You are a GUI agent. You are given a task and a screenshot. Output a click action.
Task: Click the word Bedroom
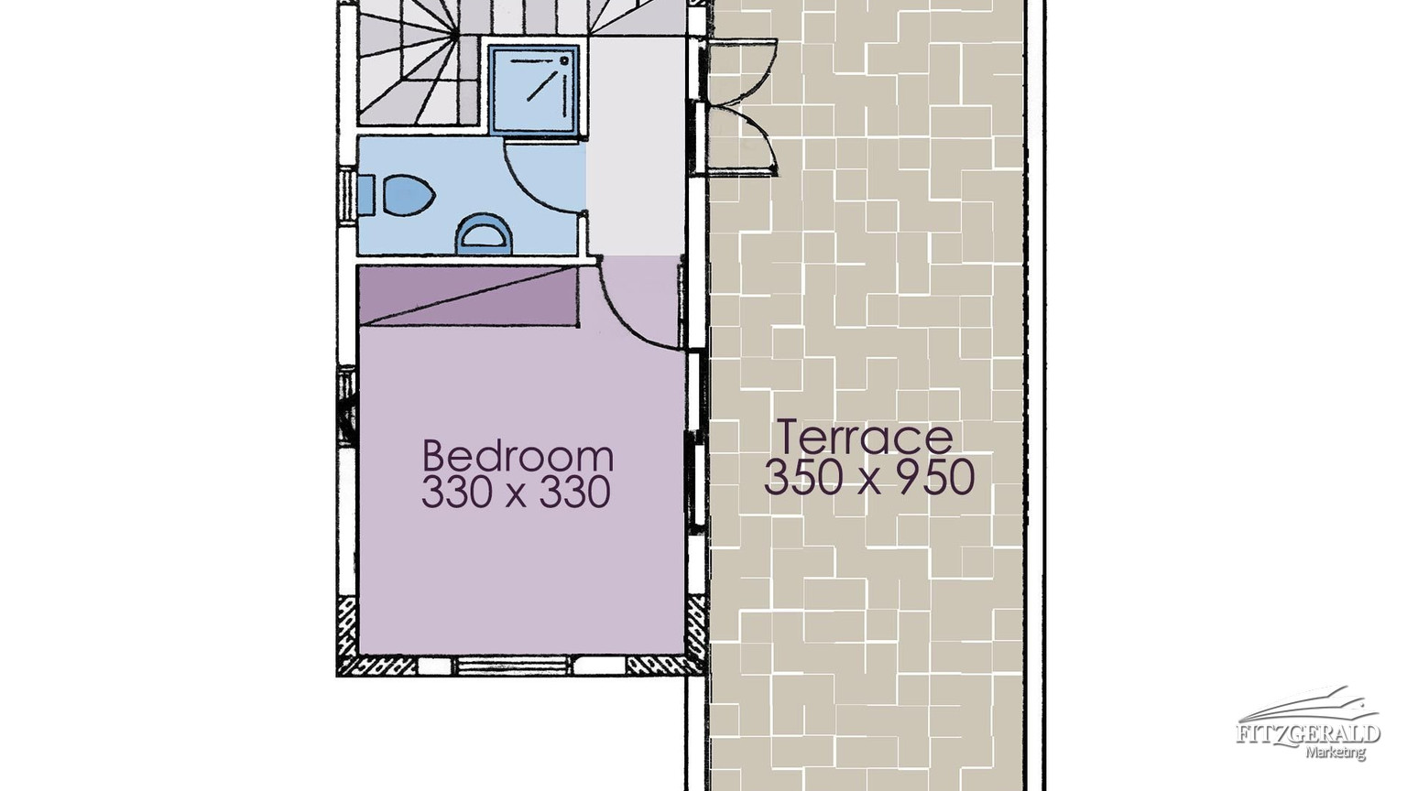[x=518, y=456]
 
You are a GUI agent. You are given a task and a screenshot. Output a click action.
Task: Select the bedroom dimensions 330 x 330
[x=516, y=492]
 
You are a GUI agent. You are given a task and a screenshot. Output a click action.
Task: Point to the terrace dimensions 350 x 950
[x=868, y=476]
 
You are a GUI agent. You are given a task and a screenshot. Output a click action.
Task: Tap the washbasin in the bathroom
[x=484, y=234]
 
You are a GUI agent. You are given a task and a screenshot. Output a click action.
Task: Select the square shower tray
[x=534, y=91]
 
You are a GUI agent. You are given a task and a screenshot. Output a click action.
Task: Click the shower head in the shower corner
[x=563, y=60]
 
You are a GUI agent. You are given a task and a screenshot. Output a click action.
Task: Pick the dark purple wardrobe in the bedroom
[x=468, y=296]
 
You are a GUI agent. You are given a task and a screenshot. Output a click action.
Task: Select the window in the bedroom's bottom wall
[x=514, y=665]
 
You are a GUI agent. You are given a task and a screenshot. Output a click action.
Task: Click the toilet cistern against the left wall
[x=366, y=195]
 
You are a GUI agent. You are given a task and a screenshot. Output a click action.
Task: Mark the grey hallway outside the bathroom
[x=636, y=146]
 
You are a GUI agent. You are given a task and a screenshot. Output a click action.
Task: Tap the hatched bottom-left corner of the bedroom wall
[x=348, y=635]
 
